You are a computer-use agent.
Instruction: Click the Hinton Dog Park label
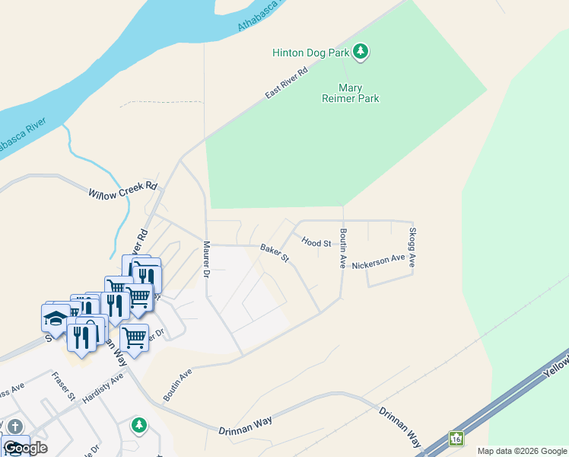pyautogui.click(x=310, y=53)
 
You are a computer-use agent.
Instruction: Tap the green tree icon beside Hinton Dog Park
pyautogui.click(x=361, y=52)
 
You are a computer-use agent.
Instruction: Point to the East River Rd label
pyautogui.click(x=286, y=82)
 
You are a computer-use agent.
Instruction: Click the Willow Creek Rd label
pyautogui.click(x=122, y=190)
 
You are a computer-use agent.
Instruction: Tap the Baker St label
pyautogui.click(x=275, y=254)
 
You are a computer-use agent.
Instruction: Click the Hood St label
pyautogui.click(x=316, y=242)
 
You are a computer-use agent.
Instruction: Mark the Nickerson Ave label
pyautogui.click(x=378, y=260)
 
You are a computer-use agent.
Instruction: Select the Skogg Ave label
pyautogui.click(x=412, y=247)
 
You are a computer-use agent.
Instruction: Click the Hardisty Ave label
pyautogui.click(x=103, y=389)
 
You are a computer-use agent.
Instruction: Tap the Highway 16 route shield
pyautogui.click(x=456, y=439)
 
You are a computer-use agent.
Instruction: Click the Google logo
pyautogui.click(x=25, y=447)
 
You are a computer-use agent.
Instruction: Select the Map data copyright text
pyautogui.click(x=522, y=451)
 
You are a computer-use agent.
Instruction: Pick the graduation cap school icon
pyautogui.click(x=56, y=318)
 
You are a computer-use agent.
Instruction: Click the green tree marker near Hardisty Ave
pyautogui.click(x=138, y=424)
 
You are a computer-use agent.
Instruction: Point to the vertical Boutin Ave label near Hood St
pyautogui.click(x=343, y=249)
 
